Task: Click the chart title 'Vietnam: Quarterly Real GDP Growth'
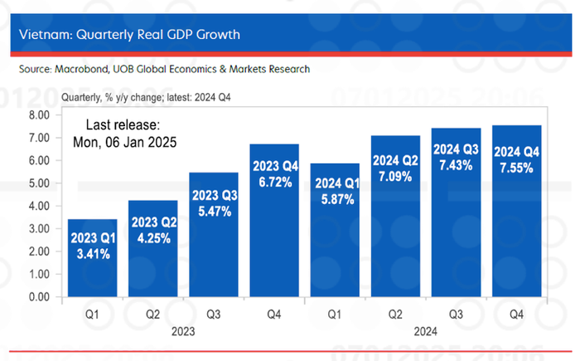tap(129, 35)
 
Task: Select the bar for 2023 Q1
tap(93, 258)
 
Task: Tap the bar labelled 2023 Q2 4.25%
tap(152, 248)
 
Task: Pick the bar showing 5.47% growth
tap(214, 235)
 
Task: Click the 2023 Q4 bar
tap(274, 220)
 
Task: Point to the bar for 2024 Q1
tap(335, 230)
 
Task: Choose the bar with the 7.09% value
tap(395, 216)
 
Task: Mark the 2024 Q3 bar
tap(456, 212)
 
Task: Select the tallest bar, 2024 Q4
tap(517, 211)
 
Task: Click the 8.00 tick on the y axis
tap(39, 115)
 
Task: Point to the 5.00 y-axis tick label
tap(39, 183)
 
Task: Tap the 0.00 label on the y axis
tap(39, 297)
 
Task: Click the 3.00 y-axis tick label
tap(39, 229)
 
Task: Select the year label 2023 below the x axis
tap(183, 331)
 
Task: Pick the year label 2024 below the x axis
tap(425, 331)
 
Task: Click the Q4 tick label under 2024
tap(516, 315)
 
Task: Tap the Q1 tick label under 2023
tap(92, 315)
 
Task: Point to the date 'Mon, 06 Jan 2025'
tap(124, 142)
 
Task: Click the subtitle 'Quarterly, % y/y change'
tap(113, 97)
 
